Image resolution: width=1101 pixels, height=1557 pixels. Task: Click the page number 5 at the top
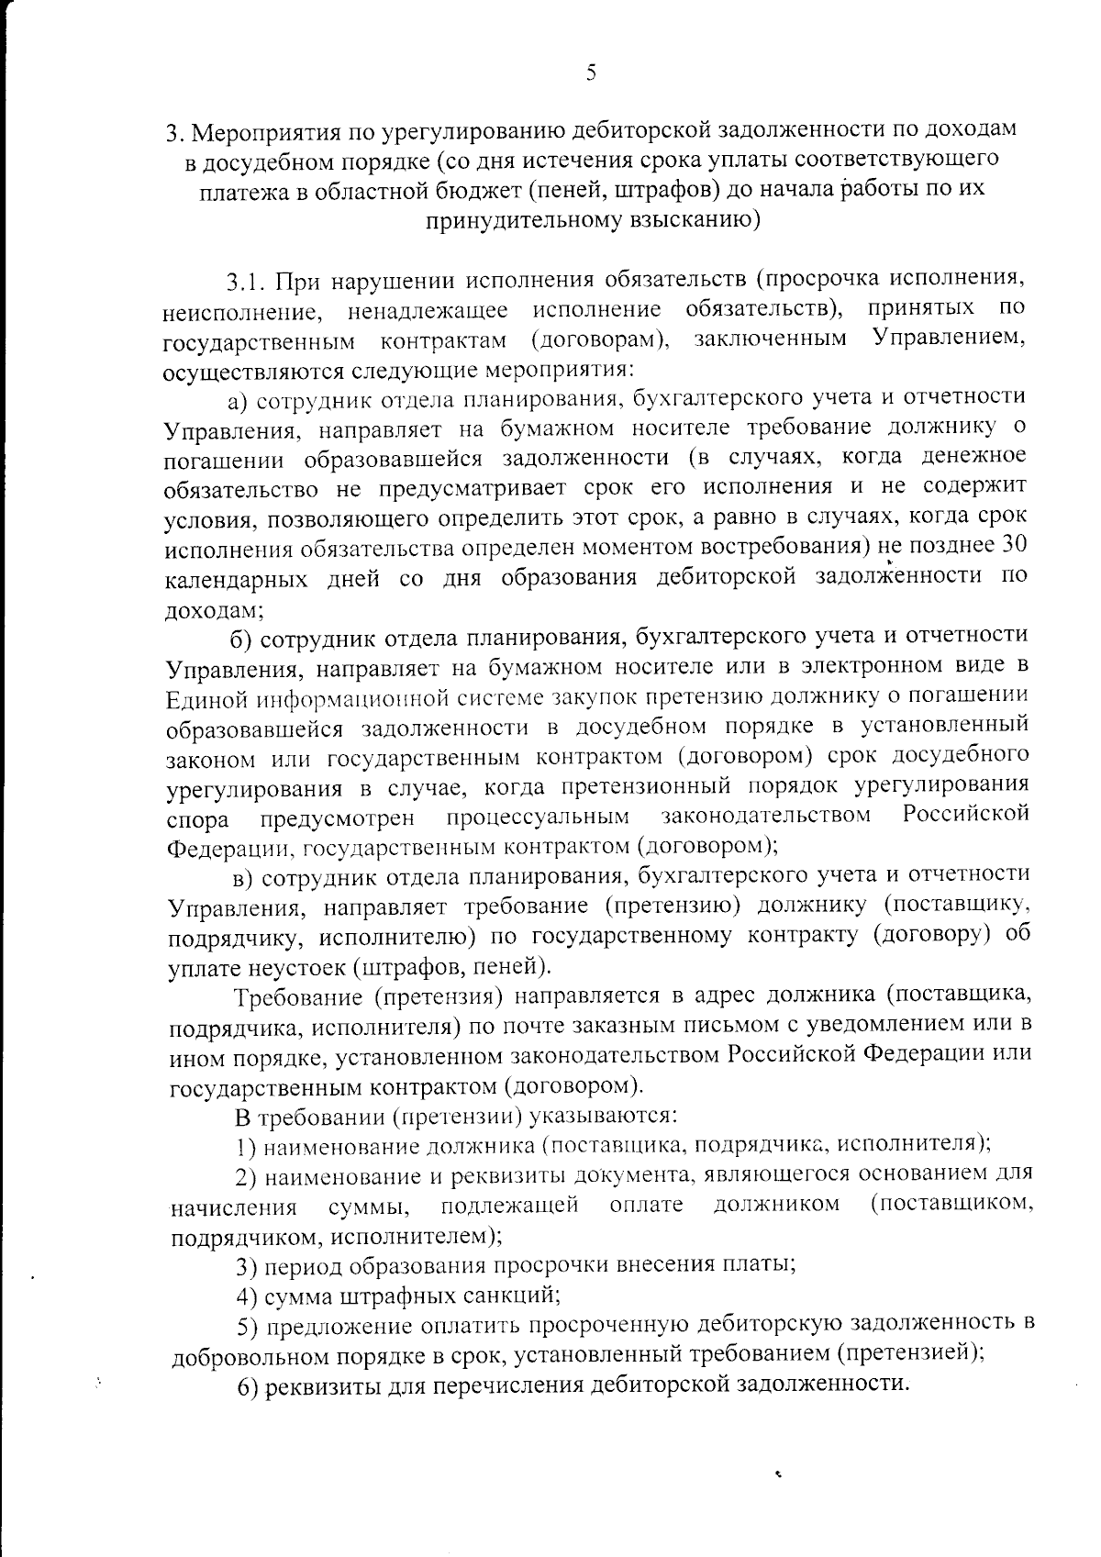click(591, 72)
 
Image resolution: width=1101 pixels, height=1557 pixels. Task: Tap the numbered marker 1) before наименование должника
click(243, 1145)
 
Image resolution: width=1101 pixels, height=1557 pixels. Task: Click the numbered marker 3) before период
click(245, 1267)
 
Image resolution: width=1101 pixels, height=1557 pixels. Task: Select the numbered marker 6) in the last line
click(246, 1387)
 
